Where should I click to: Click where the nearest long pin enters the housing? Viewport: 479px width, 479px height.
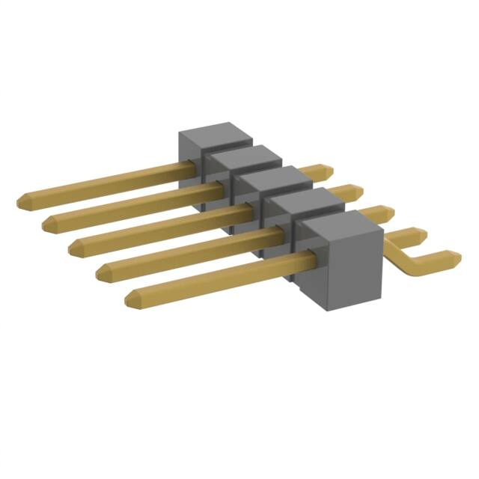point(299,260)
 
